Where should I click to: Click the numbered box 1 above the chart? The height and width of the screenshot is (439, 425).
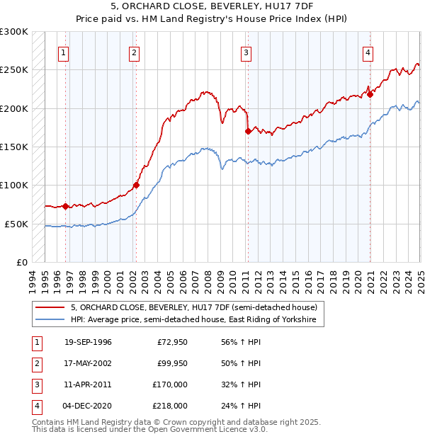click(64, 52)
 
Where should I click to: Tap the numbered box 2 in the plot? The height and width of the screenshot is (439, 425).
click(134, 52)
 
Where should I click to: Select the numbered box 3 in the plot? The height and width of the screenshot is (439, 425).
click(246, 52)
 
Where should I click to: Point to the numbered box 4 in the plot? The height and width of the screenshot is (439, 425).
click(369, 52)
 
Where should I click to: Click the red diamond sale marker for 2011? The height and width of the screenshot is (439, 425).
click(247, 131)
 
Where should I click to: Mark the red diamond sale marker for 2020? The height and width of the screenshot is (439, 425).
click(370, 94)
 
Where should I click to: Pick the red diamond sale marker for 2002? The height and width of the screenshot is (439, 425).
click(136, 186)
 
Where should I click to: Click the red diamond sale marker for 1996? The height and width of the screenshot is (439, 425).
click(65, 206)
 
